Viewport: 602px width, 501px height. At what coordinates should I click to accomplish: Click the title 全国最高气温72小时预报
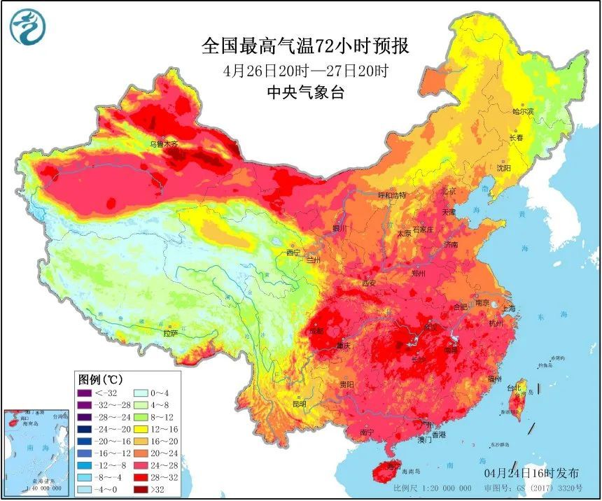[x=305, y=46]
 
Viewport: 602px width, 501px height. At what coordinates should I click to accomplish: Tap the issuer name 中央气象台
[x=305, y=92]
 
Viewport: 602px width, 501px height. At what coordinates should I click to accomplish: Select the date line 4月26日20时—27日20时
[x=306, y=71]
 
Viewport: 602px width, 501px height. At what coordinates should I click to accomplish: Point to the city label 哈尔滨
[x=522, y=111]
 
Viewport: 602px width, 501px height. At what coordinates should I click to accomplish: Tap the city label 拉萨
[x=171, y=334]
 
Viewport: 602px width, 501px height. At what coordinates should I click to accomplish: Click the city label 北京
[x=448, y=191]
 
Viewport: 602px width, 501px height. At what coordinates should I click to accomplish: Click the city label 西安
[x=370, y=283]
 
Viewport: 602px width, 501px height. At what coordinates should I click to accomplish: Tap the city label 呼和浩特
[x=392, y=195]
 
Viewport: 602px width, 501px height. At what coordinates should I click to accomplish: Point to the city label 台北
[x=514, y=387]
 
